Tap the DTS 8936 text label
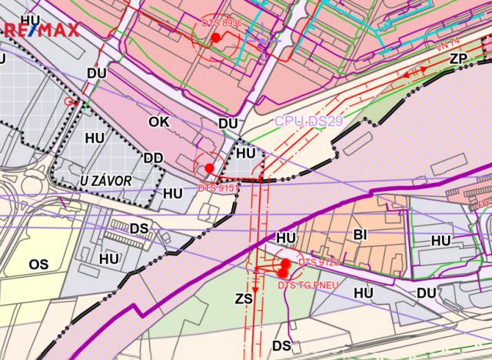click(223, 24)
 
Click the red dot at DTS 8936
click(216, 37)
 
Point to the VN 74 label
click(447, 45)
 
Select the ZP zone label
click(459, 58)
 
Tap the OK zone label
click(158, 121)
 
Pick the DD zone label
click(153, 158)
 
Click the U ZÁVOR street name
click(106, 180)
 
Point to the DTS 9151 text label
click(218, 187)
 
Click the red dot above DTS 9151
click(209, 168)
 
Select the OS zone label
click(38, 264)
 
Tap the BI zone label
click(361, 233)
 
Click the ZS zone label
click(244, 298)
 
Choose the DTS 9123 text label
click(318, 263)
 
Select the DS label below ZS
click(282, 345)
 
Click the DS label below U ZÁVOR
click(139, 228)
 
